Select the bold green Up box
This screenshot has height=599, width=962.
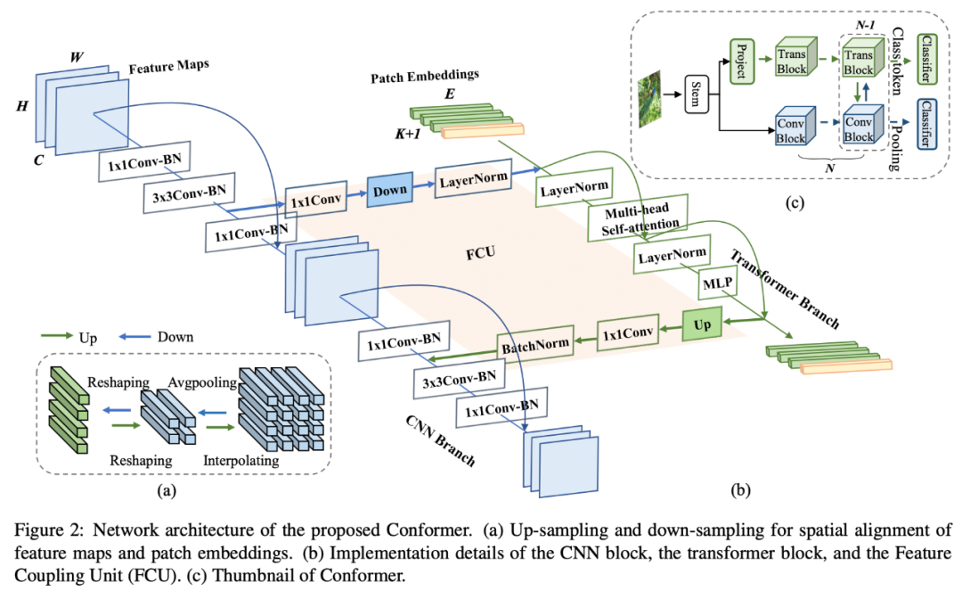pyautogui.click(x=702, y=326)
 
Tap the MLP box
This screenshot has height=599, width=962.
pyautogui.click(x=717, y=283)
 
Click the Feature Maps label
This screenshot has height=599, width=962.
pyautogui.click(x=165, y=69)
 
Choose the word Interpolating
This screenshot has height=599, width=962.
pyautogui.click(x=240, y=461)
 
